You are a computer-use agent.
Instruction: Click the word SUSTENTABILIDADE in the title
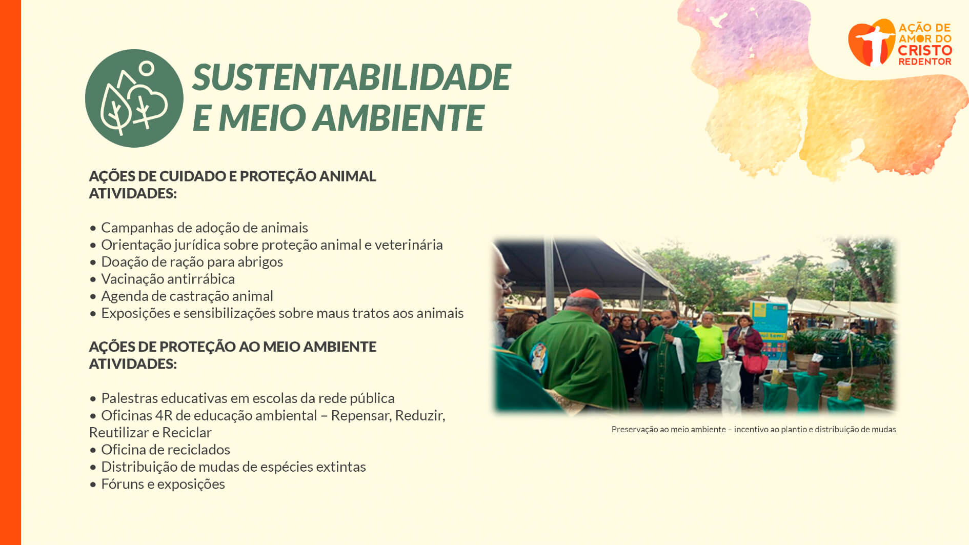(x=351, y=77)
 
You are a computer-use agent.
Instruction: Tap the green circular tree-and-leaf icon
(x=134, y=98)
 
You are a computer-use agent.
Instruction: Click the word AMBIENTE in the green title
(x=398, y=117)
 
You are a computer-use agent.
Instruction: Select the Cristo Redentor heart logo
(x=872, y=43)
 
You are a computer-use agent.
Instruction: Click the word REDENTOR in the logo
(x=925, y=62)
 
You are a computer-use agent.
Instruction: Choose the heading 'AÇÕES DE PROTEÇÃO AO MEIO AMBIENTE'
(x=233, y=347)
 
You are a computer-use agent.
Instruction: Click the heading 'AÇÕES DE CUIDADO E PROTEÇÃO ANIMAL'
(x=233, y=176)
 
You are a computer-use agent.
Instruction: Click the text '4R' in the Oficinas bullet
(x=164, y=415)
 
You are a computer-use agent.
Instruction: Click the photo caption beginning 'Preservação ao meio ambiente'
(x=754, y=429)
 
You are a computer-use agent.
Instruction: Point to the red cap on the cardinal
(x=584, y=294)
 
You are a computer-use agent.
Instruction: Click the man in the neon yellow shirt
(x=709, y=359)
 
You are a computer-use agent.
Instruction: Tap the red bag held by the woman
(x=755, y=363)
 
